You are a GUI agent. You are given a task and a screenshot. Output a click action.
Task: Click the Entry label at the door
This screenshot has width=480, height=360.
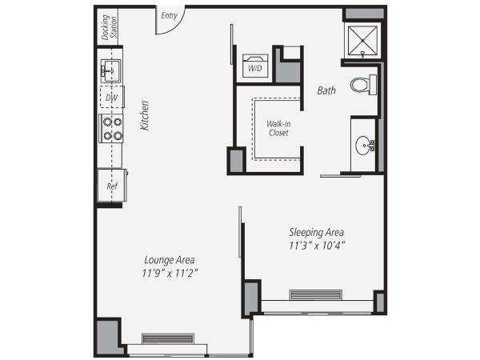click(169, 14)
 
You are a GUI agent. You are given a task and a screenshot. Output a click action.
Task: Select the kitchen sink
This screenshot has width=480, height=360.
click(110, 70)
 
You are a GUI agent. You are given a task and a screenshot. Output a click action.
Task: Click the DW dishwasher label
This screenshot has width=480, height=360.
click(111, 98)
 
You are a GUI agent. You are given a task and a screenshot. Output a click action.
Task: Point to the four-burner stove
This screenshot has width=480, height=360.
click(111, 129)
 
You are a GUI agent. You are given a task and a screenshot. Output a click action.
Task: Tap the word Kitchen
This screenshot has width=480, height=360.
click(145, 115)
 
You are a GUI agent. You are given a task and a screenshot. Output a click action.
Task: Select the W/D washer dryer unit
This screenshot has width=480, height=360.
click(256, 68)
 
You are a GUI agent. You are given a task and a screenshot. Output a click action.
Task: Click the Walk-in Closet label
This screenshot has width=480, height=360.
click(278, 128)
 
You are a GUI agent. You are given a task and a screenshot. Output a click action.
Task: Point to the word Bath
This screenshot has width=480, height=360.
click(326, 91)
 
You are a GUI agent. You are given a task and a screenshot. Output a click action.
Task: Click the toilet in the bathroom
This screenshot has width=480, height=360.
click(365, 84)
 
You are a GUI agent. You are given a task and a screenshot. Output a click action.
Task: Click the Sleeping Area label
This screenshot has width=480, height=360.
click(317, 232)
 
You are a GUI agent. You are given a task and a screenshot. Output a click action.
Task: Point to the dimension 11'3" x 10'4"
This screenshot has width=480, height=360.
click(317, 245)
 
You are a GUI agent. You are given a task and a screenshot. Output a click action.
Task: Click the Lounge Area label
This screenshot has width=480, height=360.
click(170, 260)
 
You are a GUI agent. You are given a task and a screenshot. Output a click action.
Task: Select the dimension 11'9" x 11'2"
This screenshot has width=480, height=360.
click(170, 274)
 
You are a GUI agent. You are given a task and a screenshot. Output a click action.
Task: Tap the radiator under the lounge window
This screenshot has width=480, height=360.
click(168, 338)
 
